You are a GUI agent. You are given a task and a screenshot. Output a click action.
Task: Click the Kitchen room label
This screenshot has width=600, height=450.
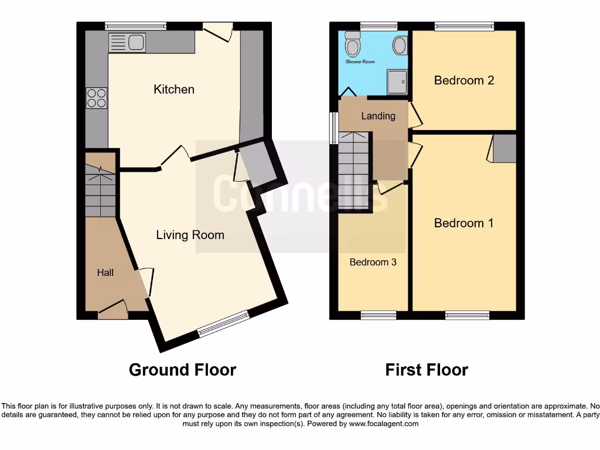click(173, 89)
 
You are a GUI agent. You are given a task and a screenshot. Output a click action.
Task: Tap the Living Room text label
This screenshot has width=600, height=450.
click(190, 235)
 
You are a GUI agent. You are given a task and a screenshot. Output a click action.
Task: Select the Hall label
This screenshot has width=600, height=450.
click(105, 272)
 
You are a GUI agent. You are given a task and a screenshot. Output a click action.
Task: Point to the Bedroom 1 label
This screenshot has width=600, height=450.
click(463, 223)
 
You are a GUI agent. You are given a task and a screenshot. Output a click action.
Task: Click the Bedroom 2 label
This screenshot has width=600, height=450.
click(463, 80)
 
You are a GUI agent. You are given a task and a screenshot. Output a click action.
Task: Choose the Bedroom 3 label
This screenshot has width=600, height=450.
click(373, 262)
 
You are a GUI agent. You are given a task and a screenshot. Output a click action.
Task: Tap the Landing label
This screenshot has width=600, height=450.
click(378, 116)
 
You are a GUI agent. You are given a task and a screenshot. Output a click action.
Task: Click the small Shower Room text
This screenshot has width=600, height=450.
click(360, 62)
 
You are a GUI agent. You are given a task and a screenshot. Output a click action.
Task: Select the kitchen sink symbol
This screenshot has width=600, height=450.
click(127, 43)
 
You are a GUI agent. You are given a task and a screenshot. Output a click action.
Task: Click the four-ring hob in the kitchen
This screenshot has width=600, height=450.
click(97, 97)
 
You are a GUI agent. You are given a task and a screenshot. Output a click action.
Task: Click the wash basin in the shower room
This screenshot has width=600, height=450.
click(401, 45)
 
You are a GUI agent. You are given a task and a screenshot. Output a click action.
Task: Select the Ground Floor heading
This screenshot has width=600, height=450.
click(182, 370)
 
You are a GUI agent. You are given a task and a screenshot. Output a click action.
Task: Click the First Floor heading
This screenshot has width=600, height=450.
click(427, 370)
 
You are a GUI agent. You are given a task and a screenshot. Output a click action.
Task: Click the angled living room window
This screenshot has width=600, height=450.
click(223, 325)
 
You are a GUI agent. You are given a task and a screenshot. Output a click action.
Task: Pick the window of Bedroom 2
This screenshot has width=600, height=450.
click(464, 26)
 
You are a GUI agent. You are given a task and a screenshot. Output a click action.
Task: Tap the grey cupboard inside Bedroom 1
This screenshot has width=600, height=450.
click(504, 148)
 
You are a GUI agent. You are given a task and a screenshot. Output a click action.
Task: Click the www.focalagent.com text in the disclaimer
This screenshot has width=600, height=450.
click(384, 424)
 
